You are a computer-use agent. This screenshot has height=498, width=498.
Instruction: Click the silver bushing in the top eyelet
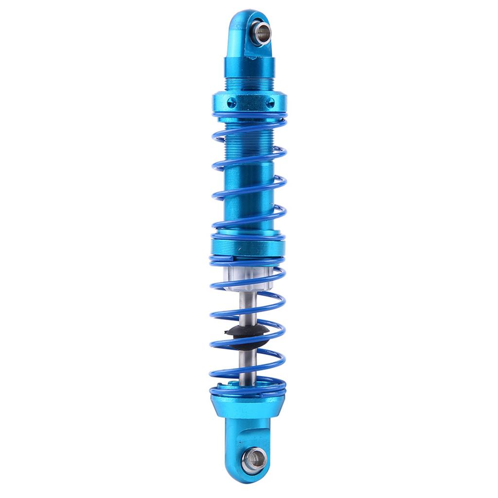point(261,33)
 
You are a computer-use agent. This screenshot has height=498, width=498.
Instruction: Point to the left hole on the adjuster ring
point(231,102)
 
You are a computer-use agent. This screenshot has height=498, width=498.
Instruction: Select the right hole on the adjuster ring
point(270,102)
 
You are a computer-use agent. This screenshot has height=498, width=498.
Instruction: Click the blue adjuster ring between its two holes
point(250,103)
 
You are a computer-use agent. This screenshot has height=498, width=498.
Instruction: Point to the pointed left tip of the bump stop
point(226,332)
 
